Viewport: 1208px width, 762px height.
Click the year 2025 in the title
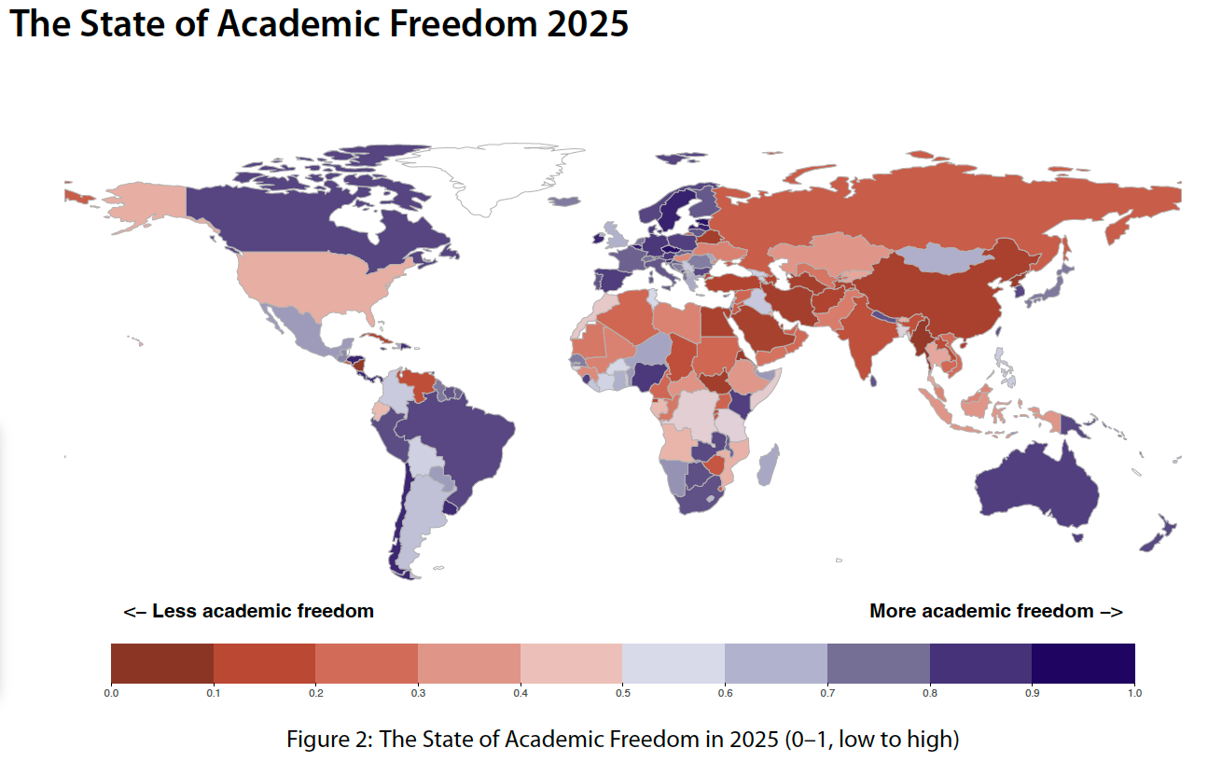587,23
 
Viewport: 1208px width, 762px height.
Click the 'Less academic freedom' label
249,612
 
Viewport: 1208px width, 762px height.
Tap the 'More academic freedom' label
995,612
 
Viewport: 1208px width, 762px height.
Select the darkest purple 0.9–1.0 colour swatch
1083,663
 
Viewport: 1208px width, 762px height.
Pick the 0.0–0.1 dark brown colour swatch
162,663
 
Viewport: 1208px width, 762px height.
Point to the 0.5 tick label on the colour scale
622,693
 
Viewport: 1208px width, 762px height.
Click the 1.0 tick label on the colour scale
1134,693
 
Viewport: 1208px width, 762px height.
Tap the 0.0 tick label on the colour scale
111,693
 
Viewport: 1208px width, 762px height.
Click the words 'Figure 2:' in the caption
326,740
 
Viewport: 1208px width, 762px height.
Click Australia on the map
1035,485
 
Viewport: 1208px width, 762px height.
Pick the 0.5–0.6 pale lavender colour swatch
673,663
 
